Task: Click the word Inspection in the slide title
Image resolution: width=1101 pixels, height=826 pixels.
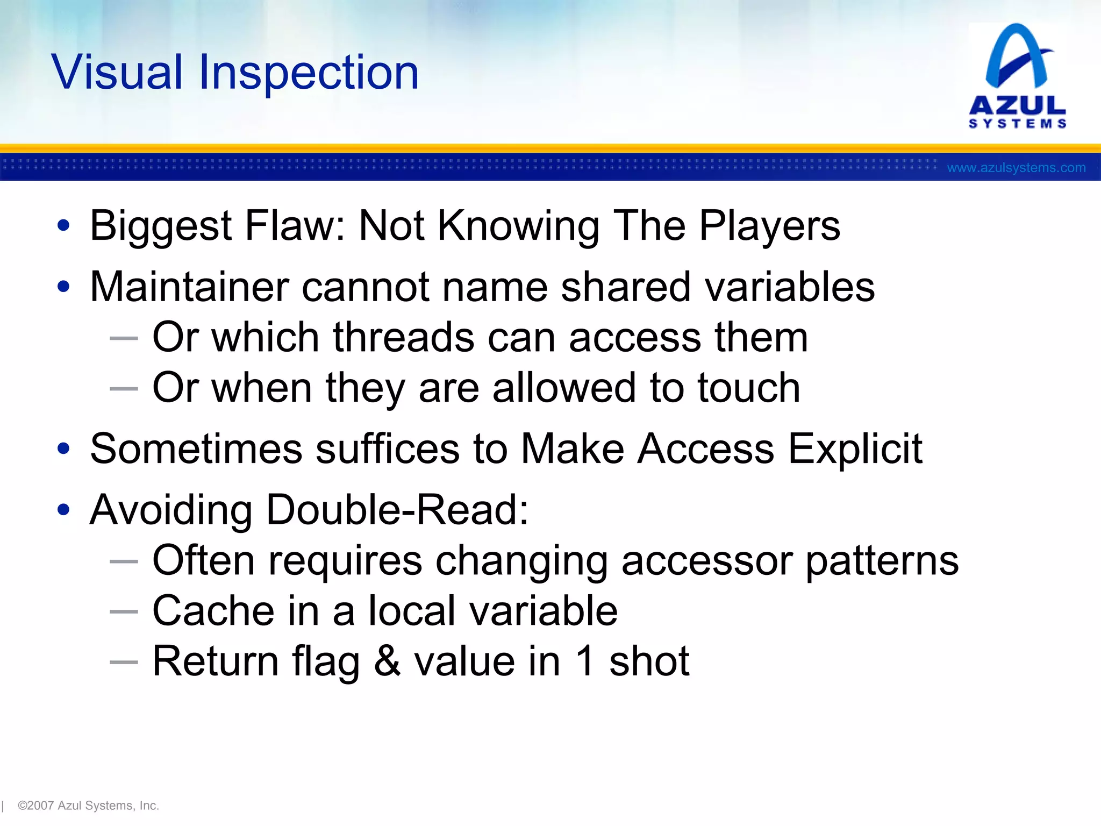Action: click(x=309, y=73)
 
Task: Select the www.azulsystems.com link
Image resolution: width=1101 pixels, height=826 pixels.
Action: click(x=1016, y=168)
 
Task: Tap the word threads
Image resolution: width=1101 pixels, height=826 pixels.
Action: click(x=403, y=338)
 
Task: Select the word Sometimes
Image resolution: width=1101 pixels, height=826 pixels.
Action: click(x=196, y=448)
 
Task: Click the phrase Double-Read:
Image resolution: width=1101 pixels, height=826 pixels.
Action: click(x=397, y=509)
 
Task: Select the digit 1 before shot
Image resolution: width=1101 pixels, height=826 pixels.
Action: click(x=585, y=661)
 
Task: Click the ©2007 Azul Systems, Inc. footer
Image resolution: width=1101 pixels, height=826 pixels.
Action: click(x=88, y=806)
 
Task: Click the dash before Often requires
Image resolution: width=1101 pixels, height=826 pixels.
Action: click(x=124, y=561)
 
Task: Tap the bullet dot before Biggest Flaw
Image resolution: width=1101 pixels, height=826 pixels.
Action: click(x=63, y=226)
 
